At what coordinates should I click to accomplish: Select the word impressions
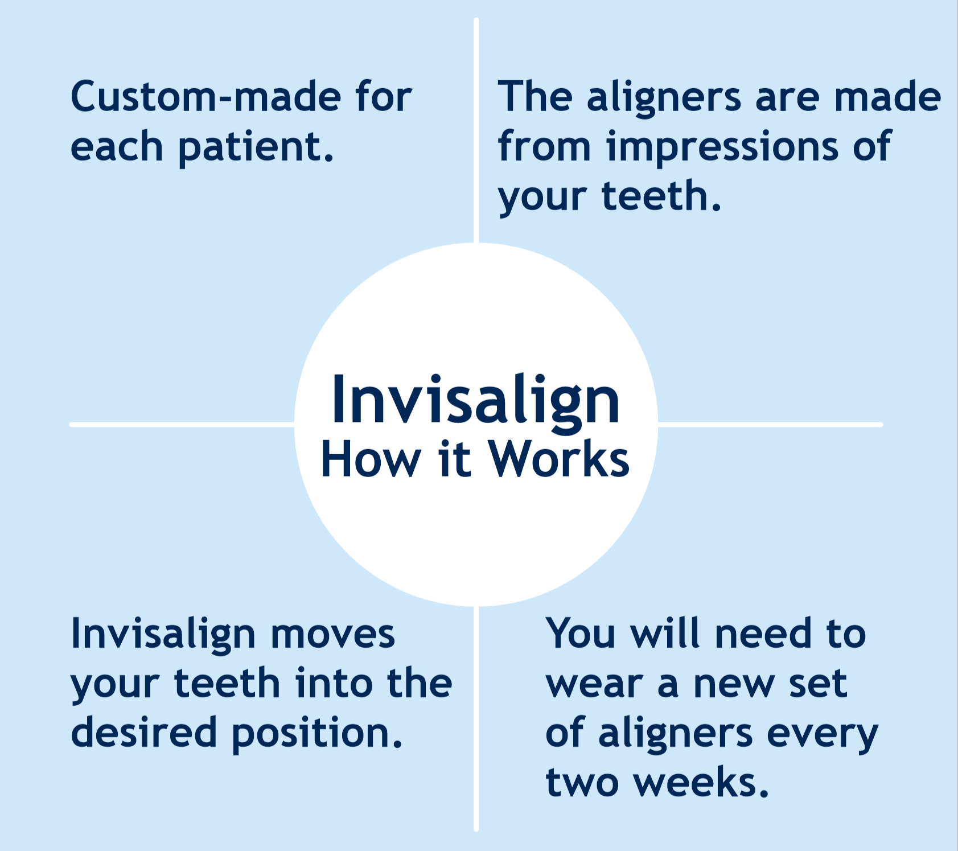click(x=722, y=147)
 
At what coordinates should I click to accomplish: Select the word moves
click(x=332, y=634)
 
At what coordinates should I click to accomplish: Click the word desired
click(x=143, y=733)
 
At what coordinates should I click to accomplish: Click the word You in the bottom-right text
click(x=580, y=633)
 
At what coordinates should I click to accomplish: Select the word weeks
click(x=701, y=782)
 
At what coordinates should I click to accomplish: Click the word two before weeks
click(x=582, y=783)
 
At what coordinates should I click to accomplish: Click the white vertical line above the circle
click(x=476, y=131)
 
